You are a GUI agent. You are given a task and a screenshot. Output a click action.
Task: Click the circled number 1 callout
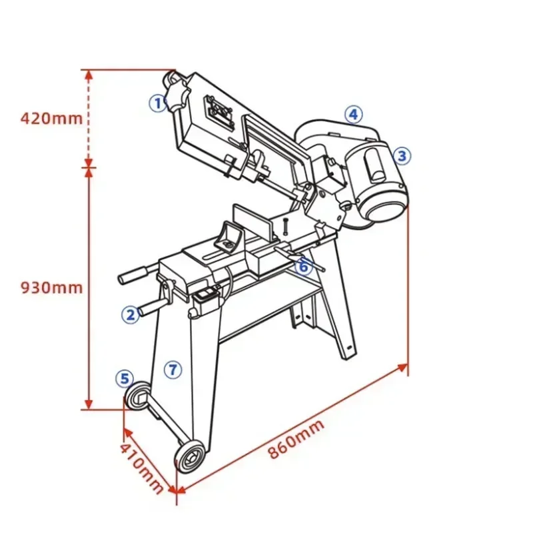tap(157, 103)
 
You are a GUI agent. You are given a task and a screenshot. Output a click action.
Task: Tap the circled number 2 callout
tap(129, 313)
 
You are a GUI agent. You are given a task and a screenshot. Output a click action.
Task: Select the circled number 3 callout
tap(401, 156)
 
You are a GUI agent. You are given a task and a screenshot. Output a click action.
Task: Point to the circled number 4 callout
tap(353, 114)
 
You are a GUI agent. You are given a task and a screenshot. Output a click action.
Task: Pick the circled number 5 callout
tap(123, 378)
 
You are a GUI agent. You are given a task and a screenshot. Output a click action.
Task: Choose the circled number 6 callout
tap(303, 266)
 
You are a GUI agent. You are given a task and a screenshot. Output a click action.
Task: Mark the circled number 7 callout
tap(173, 368)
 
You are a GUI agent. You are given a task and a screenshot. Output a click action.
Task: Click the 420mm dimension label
tap(51, 119)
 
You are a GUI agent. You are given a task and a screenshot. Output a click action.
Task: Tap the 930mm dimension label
tap(51, 287)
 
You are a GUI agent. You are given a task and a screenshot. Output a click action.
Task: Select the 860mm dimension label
tap(296, 440)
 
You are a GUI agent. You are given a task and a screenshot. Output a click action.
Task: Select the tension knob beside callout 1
tap(177, 93)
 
